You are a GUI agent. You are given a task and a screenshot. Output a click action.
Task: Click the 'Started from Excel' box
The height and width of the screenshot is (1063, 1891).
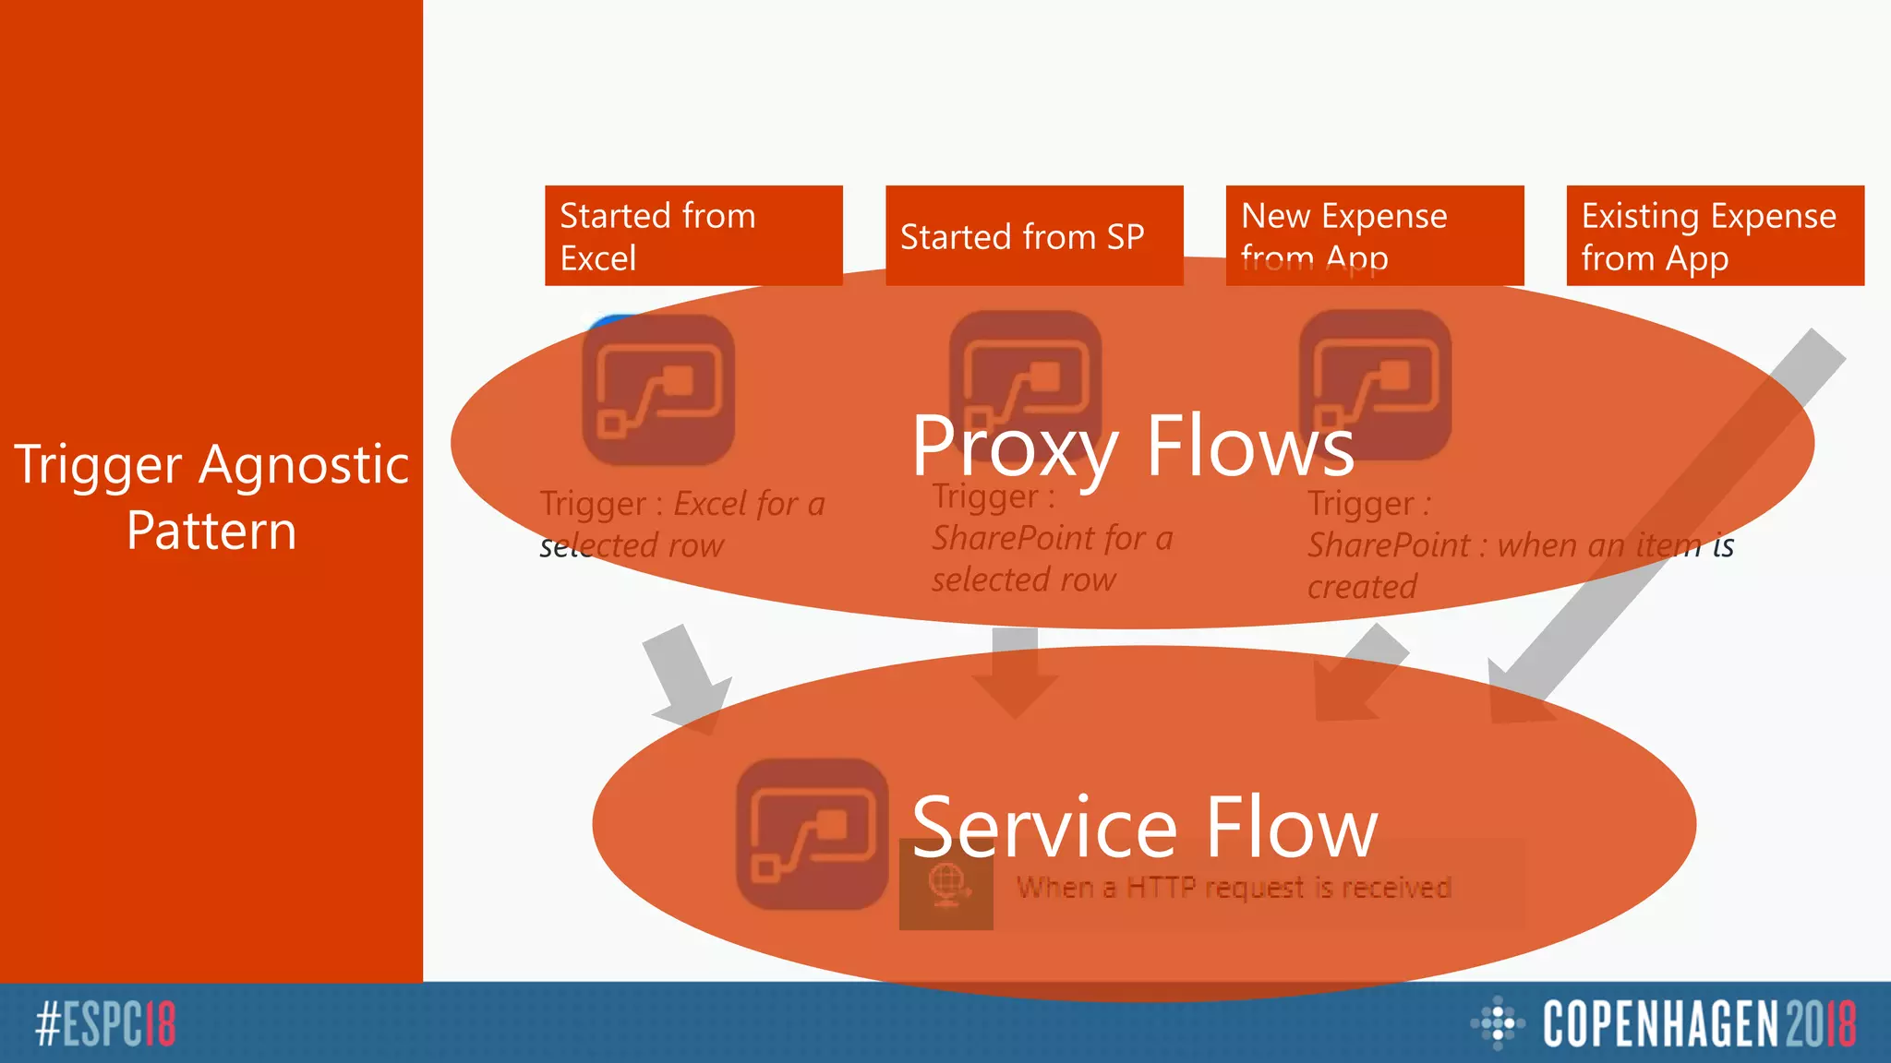[693, 235]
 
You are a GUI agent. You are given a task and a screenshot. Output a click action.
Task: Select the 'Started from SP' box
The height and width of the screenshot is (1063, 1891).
[1033, 235]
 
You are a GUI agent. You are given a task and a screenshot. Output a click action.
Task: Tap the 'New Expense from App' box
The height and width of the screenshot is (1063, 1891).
[1374, 235]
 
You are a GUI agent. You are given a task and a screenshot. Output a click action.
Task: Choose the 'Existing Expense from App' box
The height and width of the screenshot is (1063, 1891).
[1715, 235]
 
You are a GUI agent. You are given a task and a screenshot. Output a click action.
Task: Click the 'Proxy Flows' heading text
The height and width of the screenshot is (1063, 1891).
[1133, 446]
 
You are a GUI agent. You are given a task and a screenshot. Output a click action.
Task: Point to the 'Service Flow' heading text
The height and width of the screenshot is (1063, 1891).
[1144, 827]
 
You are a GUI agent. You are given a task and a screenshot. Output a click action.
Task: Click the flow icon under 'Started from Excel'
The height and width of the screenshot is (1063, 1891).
[658, 390]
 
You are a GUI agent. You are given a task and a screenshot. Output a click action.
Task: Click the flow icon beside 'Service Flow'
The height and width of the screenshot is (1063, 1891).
[812, 834]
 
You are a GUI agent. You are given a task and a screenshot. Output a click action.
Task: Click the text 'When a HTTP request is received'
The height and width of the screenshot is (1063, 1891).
[1234, 888]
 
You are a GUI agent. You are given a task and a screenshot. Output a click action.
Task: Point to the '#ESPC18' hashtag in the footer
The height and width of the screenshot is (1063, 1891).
[105, 1023]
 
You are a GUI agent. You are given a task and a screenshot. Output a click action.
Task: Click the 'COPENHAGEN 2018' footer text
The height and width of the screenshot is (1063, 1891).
[1699, 1023]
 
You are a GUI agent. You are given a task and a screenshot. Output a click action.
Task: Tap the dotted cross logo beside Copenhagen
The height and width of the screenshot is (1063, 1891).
[1497, 1022]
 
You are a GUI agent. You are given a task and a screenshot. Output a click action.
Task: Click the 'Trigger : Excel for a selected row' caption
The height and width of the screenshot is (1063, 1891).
[681, 524]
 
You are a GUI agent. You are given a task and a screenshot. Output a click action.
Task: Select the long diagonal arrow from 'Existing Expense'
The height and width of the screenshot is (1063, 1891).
[1662, 526]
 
